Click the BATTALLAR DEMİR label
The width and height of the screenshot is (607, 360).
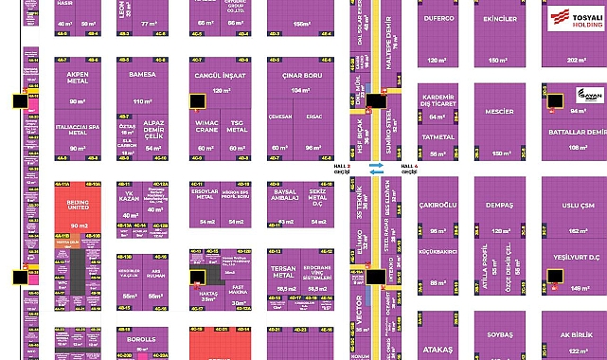(576, 132)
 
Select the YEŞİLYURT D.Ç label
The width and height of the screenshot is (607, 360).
(576, 255)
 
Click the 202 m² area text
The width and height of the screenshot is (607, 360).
(575, 60)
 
